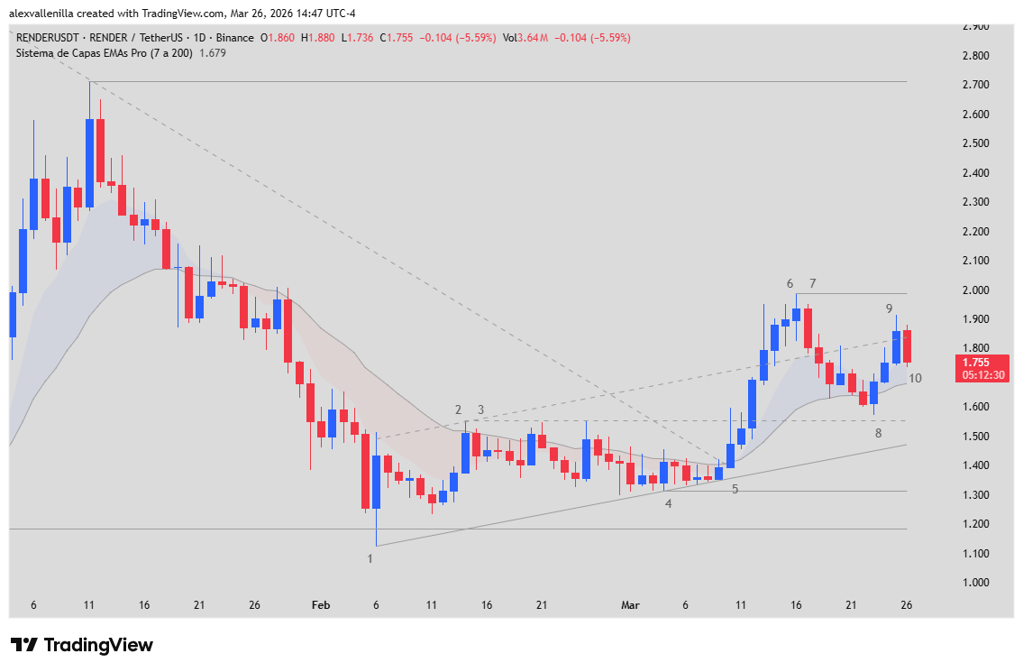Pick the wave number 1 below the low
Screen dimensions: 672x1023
pyautogui.click(x=370, y=558)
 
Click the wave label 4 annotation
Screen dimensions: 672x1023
pyautogui.click(x=668, y=503)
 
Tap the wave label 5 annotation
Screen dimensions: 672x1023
pyautogui.click(x=735, y=489)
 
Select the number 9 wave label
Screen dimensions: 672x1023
pyautogui.click(x=889, y=308)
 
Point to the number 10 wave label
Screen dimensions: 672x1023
pyautogui.click(x=915, y=378)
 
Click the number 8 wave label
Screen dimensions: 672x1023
pyautogui.click(x=879, y=433)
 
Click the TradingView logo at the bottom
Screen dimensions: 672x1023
pyautogui.click(x=81, y=645)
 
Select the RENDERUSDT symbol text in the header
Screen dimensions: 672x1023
pyautogui.click(x=49, y=38)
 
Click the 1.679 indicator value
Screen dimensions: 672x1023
pyautogui.click(x=213, y=53)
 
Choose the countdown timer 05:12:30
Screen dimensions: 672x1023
pyautogui.click(x=982, y=374)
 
